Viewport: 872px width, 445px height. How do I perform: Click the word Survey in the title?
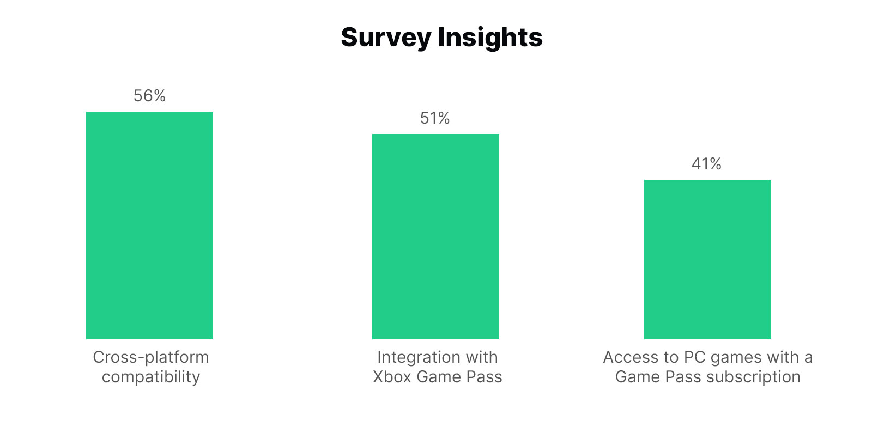(386, 38)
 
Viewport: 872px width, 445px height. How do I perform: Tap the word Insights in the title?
(490, 38)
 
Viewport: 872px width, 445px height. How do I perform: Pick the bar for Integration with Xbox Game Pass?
(435, 236)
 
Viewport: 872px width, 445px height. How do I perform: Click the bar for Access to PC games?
(707, 259)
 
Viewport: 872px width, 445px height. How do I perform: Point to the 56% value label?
(149, 96)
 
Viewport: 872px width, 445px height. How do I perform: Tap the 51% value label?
(435, 118)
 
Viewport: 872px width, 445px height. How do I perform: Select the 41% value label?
(707, 164)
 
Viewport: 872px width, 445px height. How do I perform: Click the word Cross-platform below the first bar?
(151, 357)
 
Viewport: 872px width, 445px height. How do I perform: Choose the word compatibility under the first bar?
(151, 377)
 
